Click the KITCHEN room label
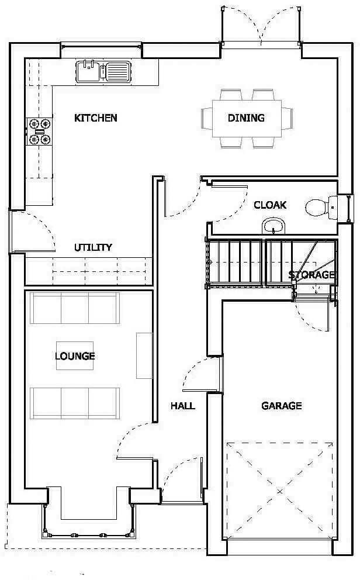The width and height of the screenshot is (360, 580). point(96,118)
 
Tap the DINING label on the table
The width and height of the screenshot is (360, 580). point(246,118)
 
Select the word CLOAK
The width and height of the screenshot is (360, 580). point(270,205)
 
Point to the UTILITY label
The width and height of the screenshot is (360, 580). point(93,248)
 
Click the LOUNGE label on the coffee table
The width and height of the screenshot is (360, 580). point(75,356)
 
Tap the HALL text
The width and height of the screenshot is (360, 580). point(183,406)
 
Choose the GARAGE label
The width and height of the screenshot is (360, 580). point(281,406)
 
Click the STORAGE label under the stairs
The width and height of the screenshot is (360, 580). point(312,275)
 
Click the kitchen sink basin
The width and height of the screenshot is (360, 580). point(88,72)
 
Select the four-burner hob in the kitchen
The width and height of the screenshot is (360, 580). point(39,132)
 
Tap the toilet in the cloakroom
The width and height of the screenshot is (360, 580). point(317,207)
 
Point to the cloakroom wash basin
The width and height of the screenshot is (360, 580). point(273,225)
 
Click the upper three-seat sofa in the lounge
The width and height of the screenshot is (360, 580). point(75,308)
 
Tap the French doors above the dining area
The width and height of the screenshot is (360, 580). point(261,26)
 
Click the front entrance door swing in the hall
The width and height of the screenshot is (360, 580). point(182,479)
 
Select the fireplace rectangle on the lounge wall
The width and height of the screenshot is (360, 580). point(144,355)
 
